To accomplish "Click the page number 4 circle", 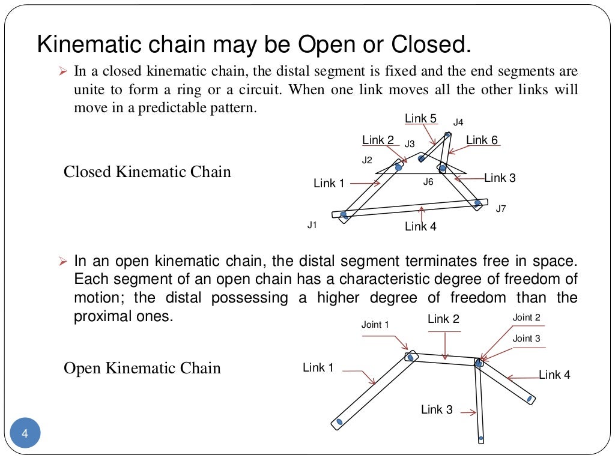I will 25,433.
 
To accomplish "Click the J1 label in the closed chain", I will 312,225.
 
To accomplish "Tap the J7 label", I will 501,209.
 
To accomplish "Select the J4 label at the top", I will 458,122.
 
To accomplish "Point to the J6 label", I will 428,182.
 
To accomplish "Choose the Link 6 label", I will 482,140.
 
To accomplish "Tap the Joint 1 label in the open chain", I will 375,325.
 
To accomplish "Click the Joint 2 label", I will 526,318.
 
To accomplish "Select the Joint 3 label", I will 526,339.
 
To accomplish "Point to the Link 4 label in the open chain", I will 554,375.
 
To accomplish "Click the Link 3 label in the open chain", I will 437,410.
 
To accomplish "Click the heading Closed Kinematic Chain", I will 147,172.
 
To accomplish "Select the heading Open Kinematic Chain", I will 142,368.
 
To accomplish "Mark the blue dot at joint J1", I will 344,214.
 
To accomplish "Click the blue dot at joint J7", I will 477,203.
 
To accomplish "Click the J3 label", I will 410,144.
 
